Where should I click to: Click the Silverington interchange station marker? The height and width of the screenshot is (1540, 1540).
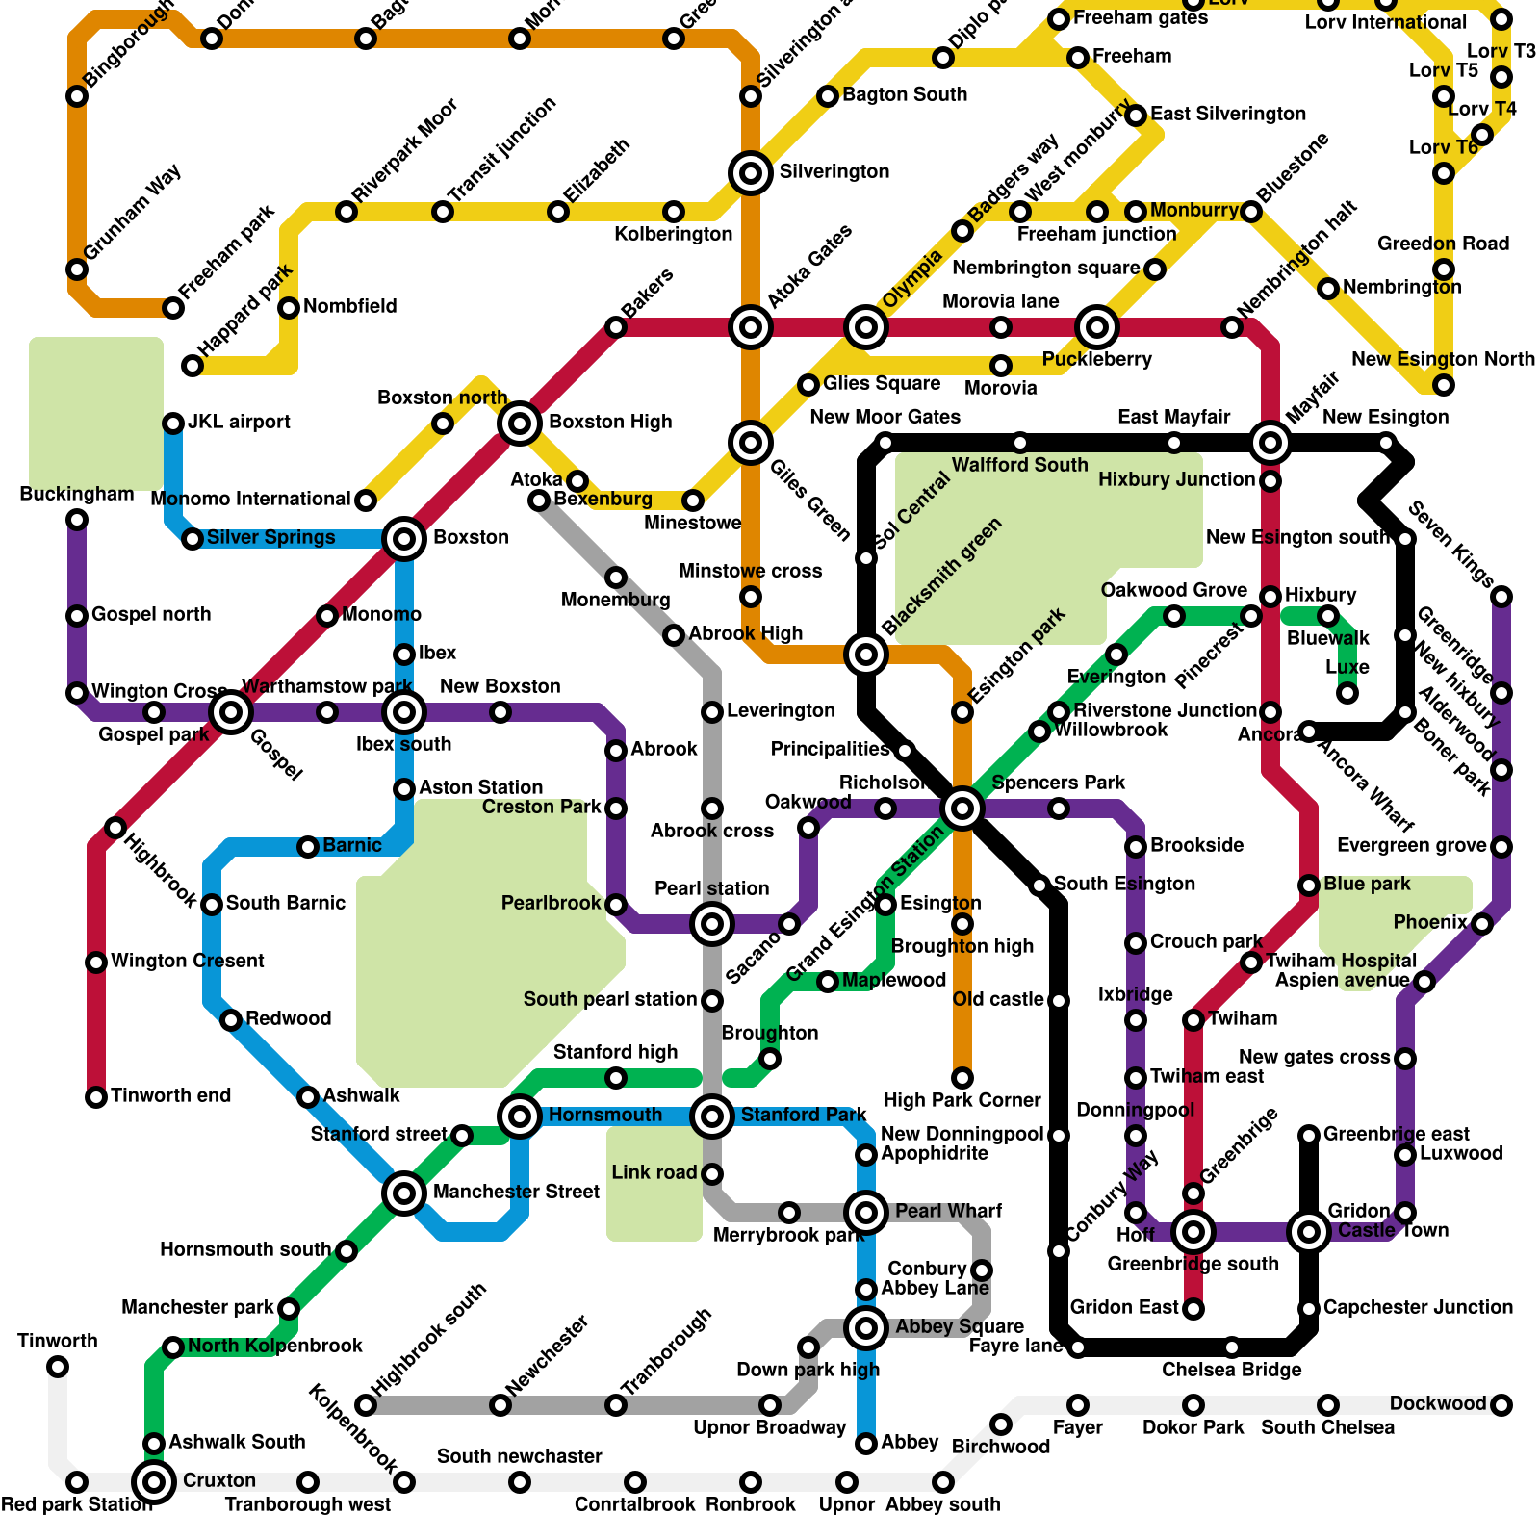click(751, 173)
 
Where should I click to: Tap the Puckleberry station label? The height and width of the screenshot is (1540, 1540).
click(1097, 360)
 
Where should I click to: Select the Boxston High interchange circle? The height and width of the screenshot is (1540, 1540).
click(520, 423)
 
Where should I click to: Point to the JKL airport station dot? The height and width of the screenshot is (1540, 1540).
click(173, 423)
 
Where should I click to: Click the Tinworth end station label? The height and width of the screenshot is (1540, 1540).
click(170, 1095)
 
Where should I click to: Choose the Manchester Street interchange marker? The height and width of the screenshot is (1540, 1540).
click(404, 1193)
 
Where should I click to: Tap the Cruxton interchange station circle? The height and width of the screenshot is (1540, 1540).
click(154, 1481)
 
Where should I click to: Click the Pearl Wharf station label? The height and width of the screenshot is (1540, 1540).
click(948, 1211)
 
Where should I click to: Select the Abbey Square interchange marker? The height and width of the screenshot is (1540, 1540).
click(866, 1328)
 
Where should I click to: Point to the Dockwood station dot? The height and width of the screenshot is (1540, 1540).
click(1501, 1405)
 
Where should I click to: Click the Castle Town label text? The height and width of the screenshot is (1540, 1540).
click(1393, 1230)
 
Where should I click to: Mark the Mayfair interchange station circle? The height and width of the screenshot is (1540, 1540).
click(1270, 443)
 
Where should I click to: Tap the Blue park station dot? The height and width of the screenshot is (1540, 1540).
click(1309, 885)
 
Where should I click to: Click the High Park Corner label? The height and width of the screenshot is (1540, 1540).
click(962, 1100)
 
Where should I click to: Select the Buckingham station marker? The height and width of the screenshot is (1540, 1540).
click(77, 520)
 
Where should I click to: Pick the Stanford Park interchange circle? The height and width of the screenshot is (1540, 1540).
click(712, 1116)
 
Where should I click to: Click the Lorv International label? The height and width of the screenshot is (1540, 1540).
click(1386, 22)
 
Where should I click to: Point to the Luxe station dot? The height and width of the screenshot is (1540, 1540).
click(1347, 693)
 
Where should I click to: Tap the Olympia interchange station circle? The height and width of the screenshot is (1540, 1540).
click(866, 327)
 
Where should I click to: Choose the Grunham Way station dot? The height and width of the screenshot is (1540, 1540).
click(77, 269)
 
